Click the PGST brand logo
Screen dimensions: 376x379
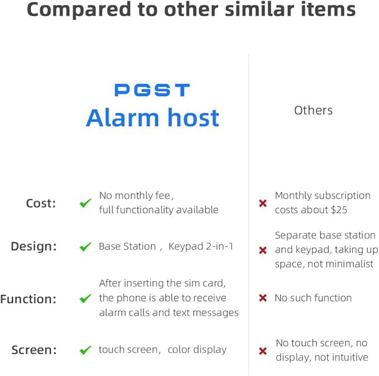click(x=152, y=90)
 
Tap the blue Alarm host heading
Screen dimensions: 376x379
click(x=152, y=118)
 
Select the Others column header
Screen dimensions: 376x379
click(x=313, y=110)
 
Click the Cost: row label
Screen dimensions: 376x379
click(x=41, y=203)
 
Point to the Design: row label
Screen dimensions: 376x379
click(x=33, y=246)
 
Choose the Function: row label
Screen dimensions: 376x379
click(x=28, y=299)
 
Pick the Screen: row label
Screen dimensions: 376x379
click(x=34, y=350)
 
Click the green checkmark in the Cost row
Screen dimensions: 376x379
click(x=85, y=203)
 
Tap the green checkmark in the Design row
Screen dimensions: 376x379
click(x=85, y=247)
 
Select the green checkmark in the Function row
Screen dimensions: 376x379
click(x=85, y=299)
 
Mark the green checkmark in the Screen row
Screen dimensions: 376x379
click(x=85, y=350)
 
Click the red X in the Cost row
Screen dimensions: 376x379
click(x=263, y=204)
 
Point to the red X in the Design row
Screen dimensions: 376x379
click(x=263, y=251)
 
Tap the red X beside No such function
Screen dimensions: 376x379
click(x=263, y=299)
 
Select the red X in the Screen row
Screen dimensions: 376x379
click(x=263, y=351)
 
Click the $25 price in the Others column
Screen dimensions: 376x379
click(x=339, y=210)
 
